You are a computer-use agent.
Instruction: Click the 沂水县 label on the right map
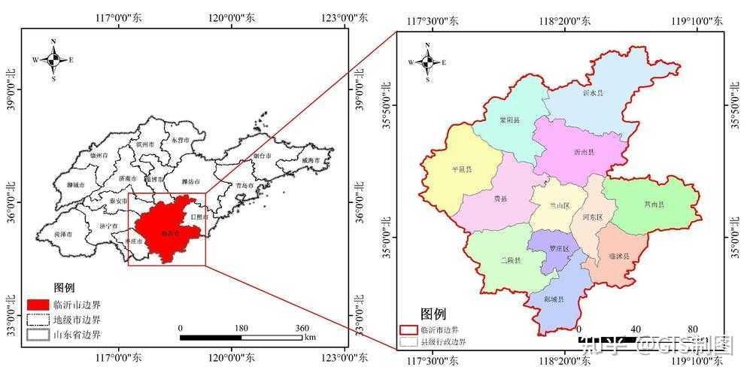[593, 93]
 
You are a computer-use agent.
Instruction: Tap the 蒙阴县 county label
[509, 120]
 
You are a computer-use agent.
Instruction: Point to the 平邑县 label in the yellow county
[461, 170]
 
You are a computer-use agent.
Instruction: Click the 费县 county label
[500, 199]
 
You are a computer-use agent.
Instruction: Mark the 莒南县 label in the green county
[654, 204]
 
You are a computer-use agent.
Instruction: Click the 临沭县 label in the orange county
[618, 256]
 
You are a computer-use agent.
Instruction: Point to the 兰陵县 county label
[510, 259]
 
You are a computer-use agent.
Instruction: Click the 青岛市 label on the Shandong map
[243, 184]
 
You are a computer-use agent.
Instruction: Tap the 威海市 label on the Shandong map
[311, 160]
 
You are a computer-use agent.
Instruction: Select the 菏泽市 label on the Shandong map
[63, 235]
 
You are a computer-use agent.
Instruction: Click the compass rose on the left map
[53, 59]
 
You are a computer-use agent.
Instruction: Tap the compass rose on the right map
[427, 62]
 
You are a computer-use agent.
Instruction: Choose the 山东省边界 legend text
[77, 335]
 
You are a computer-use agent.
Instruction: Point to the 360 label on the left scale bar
[302, 328]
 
